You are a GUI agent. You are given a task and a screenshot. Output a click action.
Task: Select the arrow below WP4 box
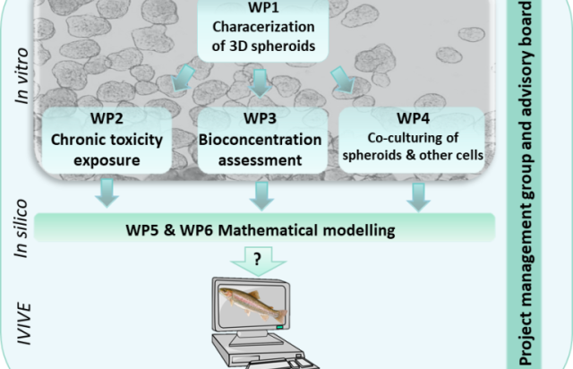coord(414,194)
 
